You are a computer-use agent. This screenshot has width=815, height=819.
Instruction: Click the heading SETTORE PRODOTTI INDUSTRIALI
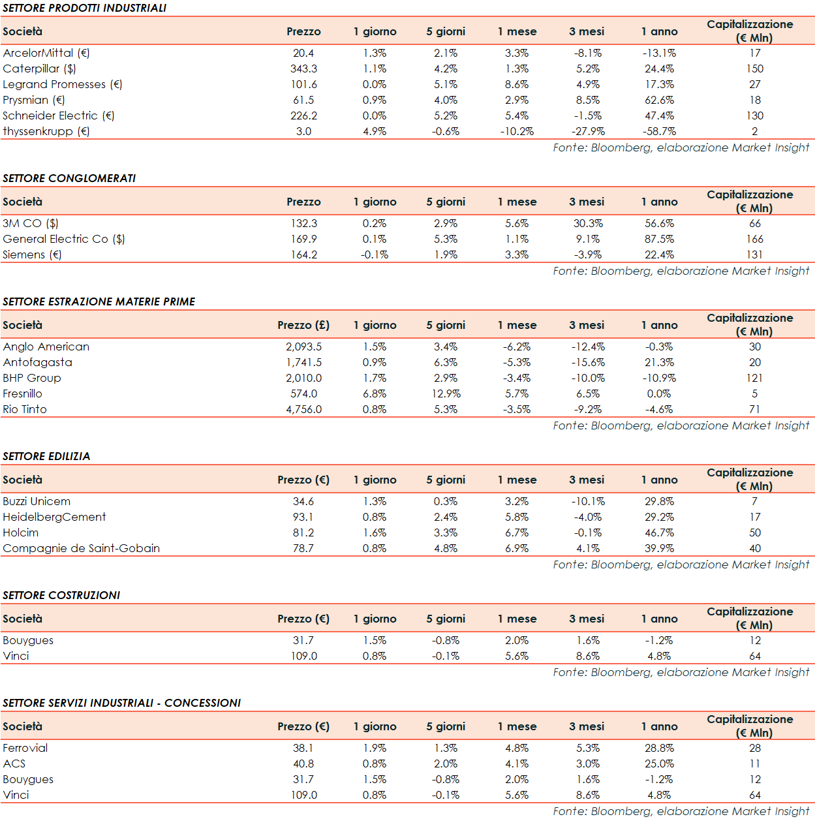click(84, 8)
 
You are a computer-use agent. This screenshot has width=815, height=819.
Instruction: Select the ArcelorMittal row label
click(46, 53)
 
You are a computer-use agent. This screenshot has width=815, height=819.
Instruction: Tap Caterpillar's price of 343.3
click(303, 69)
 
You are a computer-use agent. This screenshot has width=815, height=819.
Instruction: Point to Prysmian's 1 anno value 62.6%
click(659, 100)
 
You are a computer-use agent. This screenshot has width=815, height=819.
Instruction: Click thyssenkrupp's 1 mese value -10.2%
click(517, 131)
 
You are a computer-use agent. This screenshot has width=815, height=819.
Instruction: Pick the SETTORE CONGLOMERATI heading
click(69, 178)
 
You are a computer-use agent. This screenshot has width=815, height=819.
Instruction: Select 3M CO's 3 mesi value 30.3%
click(588, 223)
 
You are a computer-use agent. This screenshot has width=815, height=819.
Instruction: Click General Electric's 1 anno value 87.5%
click(659, 239)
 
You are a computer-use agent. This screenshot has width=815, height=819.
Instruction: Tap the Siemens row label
click(32, 255)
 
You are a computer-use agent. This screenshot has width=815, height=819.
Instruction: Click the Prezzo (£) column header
click(303, 325)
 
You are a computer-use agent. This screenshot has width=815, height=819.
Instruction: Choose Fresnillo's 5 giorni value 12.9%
click(446, 394)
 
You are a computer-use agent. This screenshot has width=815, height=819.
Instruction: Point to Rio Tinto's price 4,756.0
click(303, 409)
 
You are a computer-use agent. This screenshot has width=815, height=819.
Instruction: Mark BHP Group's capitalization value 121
click(754, 378)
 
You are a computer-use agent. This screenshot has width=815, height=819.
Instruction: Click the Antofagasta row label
click(37, 362)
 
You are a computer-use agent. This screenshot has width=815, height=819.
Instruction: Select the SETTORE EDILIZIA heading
click(46, 456)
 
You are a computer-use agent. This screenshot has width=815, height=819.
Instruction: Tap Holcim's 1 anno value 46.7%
click(659, 533)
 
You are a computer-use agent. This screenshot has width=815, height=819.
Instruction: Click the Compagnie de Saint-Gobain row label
click(81, 548)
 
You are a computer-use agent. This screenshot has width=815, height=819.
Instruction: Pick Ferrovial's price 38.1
click(303, 748)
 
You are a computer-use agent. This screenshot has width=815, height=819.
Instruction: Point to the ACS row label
click(14, 764)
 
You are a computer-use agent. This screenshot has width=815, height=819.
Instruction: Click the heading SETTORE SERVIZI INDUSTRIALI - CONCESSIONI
click(121, 703)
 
